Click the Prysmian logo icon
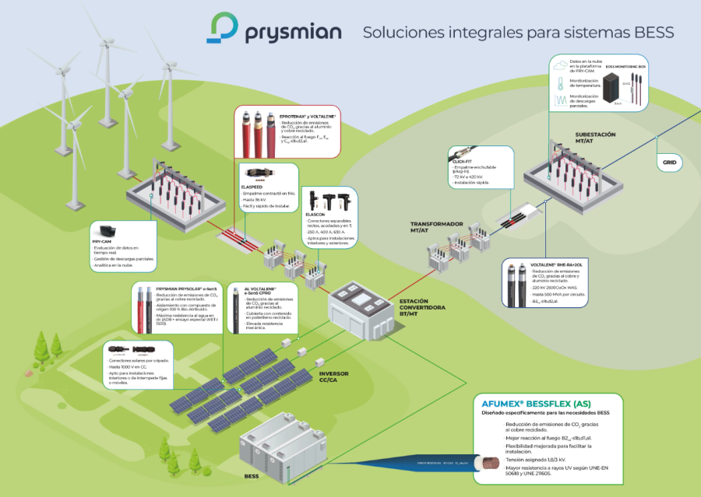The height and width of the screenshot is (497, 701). pos(224,28)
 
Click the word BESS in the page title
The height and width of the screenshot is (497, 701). pos(654,33)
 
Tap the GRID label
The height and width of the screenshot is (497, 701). pos(669,163)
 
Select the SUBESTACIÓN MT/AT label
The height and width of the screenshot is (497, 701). pos(595,138)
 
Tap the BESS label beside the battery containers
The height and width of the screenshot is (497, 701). pos(251,475)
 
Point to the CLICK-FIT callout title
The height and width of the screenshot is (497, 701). pos(462,161)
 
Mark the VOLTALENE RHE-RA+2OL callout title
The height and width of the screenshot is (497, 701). pos(556,264)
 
